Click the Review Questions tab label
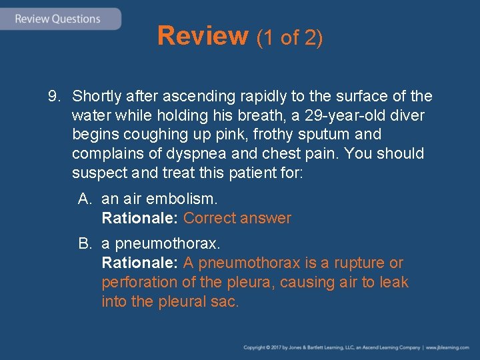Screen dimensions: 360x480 57,19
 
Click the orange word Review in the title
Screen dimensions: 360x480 203,36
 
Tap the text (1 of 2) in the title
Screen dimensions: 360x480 289,38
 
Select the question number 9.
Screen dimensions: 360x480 54,97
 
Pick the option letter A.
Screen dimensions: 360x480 84,199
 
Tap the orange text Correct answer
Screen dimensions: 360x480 237,218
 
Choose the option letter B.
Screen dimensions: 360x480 84,244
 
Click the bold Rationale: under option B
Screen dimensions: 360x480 139,263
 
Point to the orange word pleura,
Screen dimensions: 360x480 247,283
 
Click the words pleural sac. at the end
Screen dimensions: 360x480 199,302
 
